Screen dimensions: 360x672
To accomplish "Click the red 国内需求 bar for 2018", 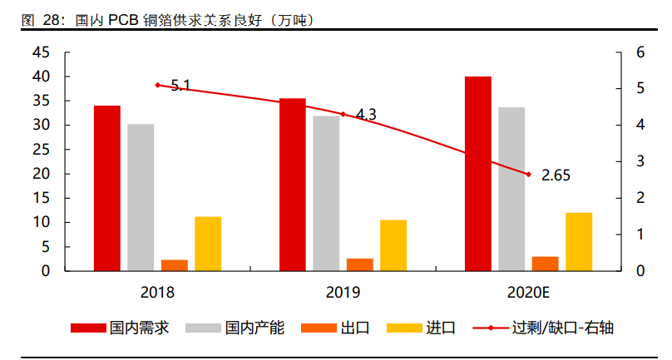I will (x=106, y=189).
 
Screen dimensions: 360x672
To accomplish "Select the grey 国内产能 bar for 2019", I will (x=326, y=194).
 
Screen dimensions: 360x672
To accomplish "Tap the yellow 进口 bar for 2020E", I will (x=579, y=242).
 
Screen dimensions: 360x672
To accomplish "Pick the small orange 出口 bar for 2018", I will (x=175, y=265).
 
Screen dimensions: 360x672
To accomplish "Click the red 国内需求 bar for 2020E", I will (x=477, y=174).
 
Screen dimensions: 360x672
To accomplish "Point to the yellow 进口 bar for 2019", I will (x=393, y=245).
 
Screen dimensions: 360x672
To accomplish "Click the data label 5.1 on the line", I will (x=180, y=85).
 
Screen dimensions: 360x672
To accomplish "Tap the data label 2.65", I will (x=556, y=175).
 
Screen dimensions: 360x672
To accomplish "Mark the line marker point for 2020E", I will (x=527, y=174).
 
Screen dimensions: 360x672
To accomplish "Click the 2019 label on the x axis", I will (x=343, y=293).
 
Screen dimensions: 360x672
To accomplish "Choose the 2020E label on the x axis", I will (x=528, y=293).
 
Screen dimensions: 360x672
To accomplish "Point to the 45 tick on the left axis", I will (x=41, y=52).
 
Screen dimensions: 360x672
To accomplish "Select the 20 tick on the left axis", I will (x=41, y=174).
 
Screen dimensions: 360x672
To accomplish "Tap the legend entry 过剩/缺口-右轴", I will (x=562, y=328).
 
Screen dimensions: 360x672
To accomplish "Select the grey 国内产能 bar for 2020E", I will (x=511, y=190).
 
